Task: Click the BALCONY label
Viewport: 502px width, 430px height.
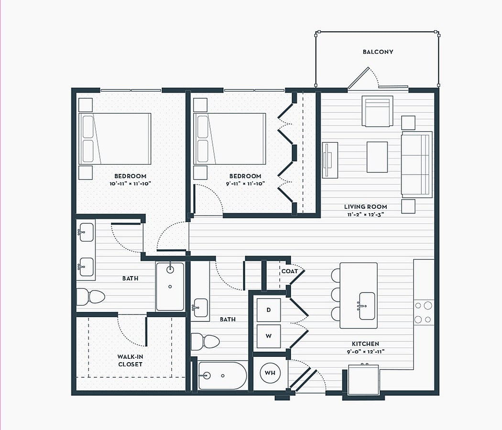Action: [x=378, y=52]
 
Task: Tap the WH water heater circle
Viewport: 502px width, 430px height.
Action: [x=270, y=373]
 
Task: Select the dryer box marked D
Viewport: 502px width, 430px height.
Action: [x=269, y=310]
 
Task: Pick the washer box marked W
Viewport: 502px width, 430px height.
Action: [x=269, y=336]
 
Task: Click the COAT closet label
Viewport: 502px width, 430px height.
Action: [x=289, y=271]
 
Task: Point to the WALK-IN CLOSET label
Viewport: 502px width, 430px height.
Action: [x=130, y=360]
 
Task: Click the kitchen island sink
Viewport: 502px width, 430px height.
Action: [x=367, y=306]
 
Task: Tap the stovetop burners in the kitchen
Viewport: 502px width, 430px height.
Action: [x=423, y=312]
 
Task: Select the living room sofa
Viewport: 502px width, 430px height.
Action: [x=416, y=164]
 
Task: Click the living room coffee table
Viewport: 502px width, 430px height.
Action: [x=377, y=157]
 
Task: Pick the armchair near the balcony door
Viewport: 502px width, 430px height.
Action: [x=378, y=111]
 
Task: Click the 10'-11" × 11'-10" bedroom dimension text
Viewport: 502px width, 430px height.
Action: [x=130, y=184]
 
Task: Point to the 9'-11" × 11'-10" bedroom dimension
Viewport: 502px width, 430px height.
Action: [x=245, y=184]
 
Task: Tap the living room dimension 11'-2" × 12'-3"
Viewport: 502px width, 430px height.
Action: [x=366, y=215]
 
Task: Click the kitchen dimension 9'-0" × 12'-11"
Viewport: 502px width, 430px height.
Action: [x=366, y=352]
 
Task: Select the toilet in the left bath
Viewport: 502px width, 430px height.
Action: [x=91, y=297]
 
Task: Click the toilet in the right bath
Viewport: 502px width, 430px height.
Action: [x=205, y=342]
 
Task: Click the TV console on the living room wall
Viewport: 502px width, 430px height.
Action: [x=330, y=160]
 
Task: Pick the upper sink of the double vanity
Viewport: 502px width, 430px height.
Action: [x=86, y=232]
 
